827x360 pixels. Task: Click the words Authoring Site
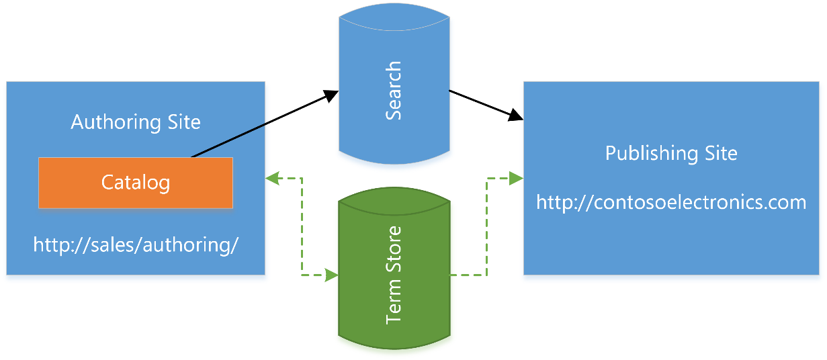[136, 122]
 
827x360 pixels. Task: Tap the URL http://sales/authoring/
[136, 244]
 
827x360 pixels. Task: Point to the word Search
[393, 91]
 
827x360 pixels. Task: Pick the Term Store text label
[394, 275]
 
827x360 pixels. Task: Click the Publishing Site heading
[671, 153]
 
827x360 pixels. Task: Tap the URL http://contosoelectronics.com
[671, 201]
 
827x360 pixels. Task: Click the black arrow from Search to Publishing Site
[484, 104]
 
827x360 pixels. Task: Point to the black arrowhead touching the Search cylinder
[330, 95]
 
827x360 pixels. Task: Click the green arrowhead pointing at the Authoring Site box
[273, 178]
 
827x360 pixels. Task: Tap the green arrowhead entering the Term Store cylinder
[331, 275]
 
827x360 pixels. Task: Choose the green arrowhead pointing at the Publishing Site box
[515, 178]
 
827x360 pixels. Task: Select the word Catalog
[136, 182]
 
